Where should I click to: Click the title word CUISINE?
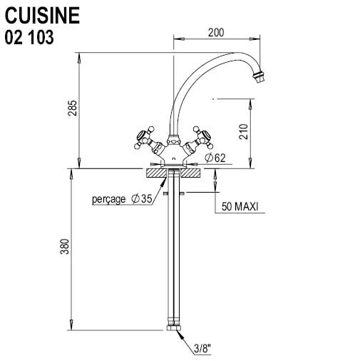(42, 16)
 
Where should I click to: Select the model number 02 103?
(29, 37)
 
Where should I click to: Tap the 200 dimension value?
(216, 33)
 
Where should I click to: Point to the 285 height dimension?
(73, 108)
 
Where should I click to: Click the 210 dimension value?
(243, 132)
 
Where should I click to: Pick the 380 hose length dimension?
(64, 247)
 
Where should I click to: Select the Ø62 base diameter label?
(215, 158)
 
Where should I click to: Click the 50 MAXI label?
(240, 206)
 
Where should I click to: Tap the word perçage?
(109, 199)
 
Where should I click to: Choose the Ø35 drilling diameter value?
(142, 198)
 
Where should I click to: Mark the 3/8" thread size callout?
(202, 349)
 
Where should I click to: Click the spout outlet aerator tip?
(259, 76)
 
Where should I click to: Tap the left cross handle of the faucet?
(147, 139)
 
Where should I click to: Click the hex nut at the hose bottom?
(174, 327)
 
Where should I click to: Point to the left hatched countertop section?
(157, 173)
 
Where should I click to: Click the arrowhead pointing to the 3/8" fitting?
(180, 334)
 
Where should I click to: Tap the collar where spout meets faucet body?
(174, 140)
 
